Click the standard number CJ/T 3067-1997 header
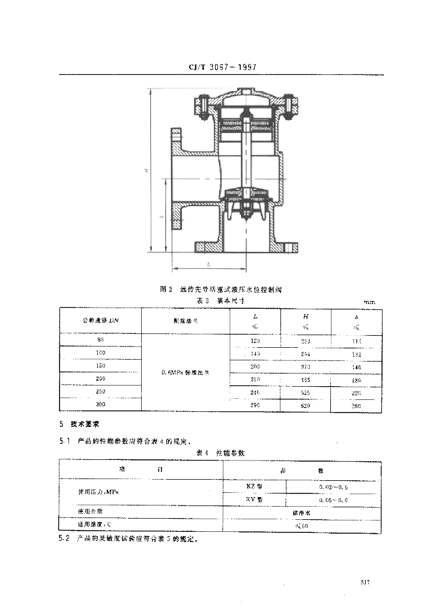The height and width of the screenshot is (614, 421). tap(218, 68)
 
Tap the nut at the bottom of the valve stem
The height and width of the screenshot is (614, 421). tap(246, 210)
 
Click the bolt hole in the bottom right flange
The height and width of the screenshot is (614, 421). tap(291, 246)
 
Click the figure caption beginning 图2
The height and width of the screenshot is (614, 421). tap(221, 289)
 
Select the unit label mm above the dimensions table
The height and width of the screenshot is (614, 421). tap(369, 302)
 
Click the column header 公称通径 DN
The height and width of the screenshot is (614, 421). tap(100, 321)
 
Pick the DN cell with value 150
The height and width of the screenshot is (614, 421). tap(100, 365)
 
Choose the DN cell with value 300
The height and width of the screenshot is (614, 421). tap(100, 406)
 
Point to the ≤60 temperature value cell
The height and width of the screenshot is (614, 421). tap(301, 526)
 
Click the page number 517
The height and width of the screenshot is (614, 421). tap(365, 582)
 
